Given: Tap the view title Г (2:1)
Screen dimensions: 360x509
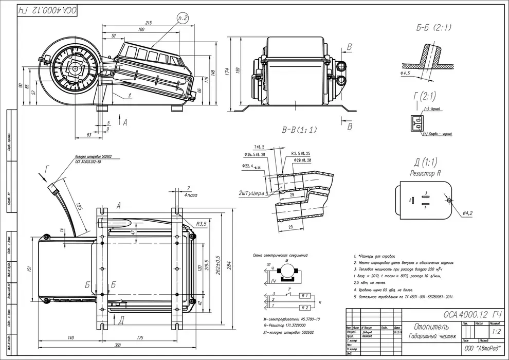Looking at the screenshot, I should coord(424,96).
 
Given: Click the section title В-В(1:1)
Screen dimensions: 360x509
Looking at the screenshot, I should coord(300,130).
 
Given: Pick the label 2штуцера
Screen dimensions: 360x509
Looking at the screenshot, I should coord(251,193).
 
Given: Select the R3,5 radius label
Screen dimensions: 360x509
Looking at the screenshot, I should coord(202,224).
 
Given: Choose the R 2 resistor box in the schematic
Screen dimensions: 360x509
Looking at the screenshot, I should coord(305,308).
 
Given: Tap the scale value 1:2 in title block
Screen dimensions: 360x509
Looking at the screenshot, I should coord(496,332).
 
